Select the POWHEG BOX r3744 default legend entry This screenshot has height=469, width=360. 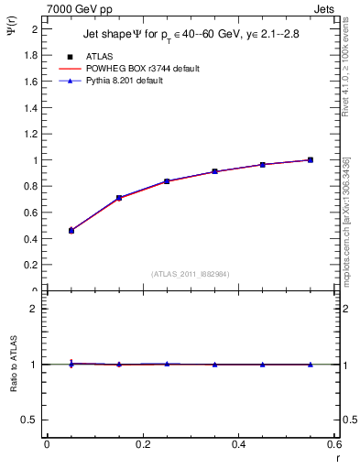tap(141, 69)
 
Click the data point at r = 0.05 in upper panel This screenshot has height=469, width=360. tap(71, 231)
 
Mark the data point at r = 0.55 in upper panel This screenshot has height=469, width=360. tap(310, 160)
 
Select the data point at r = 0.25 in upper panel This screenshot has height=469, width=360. tap(167, 181)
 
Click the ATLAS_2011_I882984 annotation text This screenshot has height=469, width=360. tap(190, 274)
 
